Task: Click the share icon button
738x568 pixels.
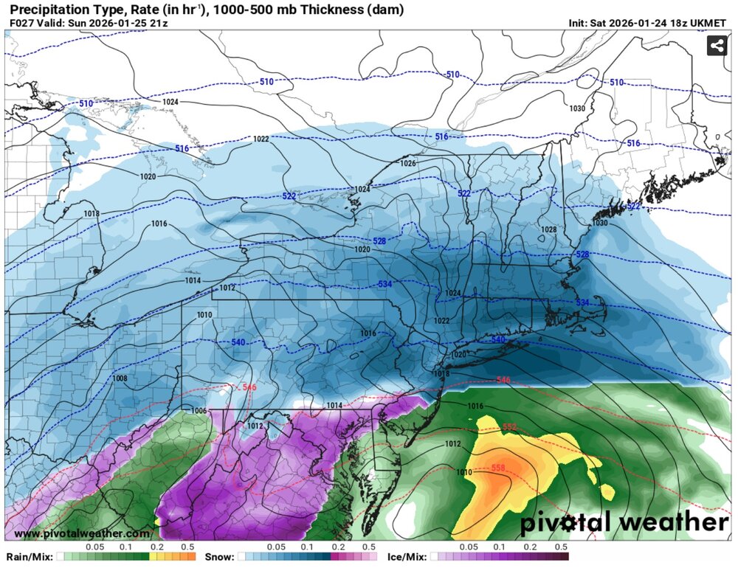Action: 717,46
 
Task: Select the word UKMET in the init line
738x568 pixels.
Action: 715,23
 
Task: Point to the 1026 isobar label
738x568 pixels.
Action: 408,163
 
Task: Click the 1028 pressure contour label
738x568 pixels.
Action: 548,230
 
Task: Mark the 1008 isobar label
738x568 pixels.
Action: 120,378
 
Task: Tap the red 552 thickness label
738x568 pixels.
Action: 510,427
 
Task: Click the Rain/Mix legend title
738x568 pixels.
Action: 29,557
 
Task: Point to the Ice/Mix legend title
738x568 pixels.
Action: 408,557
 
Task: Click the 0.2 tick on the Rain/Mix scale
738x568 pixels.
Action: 156,548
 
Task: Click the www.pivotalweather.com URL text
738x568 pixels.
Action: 81,533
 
